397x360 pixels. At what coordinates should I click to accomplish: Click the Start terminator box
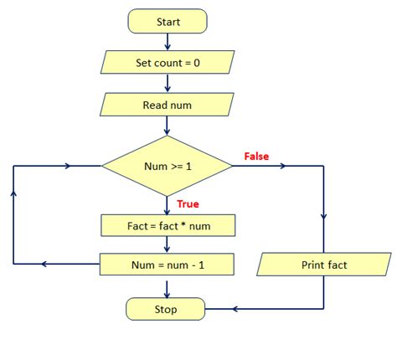pyautogui.click(x=168, y=22)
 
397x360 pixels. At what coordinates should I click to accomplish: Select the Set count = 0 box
pyautogui.click(x=168, y=63)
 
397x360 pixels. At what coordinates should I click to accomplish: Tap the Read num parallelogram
pyautogui.click(x=168, y=106)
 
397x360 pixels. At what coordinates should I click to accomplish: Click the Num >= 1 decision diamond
pyautogui.click(x=167, y=166)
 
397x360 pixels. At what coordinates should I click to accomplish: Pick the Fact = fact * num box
pyautogui.click(x=168, y=225)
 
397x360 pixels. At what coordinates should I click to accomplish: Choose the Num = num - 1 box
pyautogui.click(x=168, y=265)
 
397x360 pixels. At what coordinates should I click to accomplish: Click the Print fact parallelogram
pyautogui.click(x=323, y=265)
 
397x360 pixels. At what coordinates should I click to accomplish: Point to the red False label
pyautogui.click(x=256, y=157)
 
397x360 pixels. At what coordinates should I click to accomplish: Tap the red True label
pyautogui.click(x=187, y=203)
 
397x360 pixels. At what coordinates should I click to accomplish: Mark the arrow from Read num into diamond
pyautogui.click(x=168, y=127)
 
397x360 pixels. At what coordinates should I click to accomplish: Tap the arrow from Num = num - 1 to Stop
pyautogui.click(x=168, y=287)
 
